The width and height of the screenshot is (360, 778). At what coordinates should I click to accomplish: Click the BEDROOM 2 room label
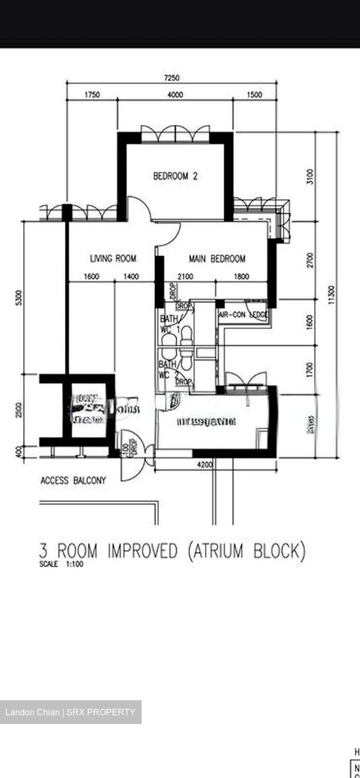pos(175,176)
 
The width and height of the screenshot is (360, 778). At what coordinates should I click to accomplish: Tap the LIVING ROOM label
pos(113,259)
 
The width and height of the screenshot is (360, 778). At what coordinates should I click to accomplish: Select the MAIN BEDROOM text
pos(217,259)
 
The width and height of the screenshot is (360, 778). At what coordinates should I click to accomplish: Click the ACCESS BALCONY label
pos(74,480)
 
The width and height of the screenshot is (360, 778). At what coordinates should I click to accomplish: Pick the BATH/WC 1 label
pos(169,324)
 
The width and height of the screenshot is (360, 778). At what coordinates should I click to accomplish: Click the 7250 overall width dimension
pos(171,78)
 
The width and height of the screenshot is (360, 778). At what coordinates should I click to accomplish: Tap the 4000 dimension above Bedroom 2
pos(175,95)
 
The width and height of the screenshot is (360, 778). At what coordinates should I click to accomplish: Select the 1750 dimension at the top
pos(92,95)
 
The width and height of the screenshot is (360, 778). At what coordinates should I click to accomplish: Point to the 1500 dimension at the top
pos(254,95)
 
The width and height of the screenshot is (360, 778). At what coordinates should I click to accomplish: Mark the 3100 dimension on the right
pos(309,176)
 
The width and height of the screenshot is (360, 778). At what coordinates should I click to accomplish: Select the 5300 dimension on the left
pos(19,297)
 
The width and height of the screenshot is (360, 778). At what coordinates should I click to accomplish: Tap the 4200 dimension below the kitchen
pos(205,465)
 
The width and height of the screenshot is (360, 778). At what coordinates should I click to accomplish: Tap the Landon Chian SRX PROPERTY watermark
pos(70,712)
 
